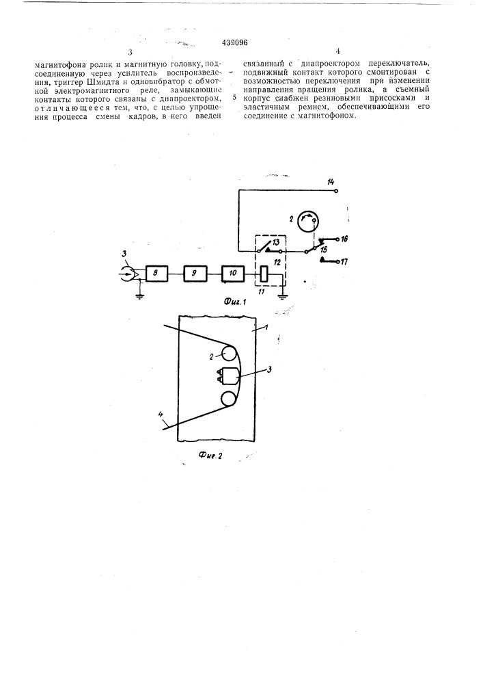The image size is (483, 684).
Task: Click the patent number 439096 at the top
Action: pyautogui.click(x=235, y=42)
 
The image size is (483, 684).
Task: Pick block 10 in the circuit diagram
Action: pyautogui.click(x=233, y=274)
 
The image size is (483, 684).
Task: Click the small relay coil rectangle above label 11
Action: pyautogui.click(x=263, y=274)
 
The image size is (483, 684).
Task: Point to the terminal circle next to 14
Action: pyautogui.click(x=337, y=191)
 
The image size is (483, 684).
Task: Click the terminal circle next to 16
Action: pyautogui.click(x=338, y=239)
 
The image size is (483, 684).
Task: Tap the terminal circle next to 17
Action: pyautogui.click(x=338, y=262)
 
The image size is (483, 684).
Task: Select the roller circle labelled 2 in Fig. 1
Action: pyautogui.click(x=308, y=222)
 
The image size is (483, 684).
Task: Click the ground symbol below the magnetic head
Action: pyautogui.click(x=139, y=296)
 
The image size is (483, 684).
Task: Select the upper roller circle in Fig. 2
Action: pyautogui.click(x=229, y=352)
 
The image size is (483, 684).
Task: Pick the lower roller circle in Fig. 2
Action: pyautogui.click(x=229, y=399)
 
